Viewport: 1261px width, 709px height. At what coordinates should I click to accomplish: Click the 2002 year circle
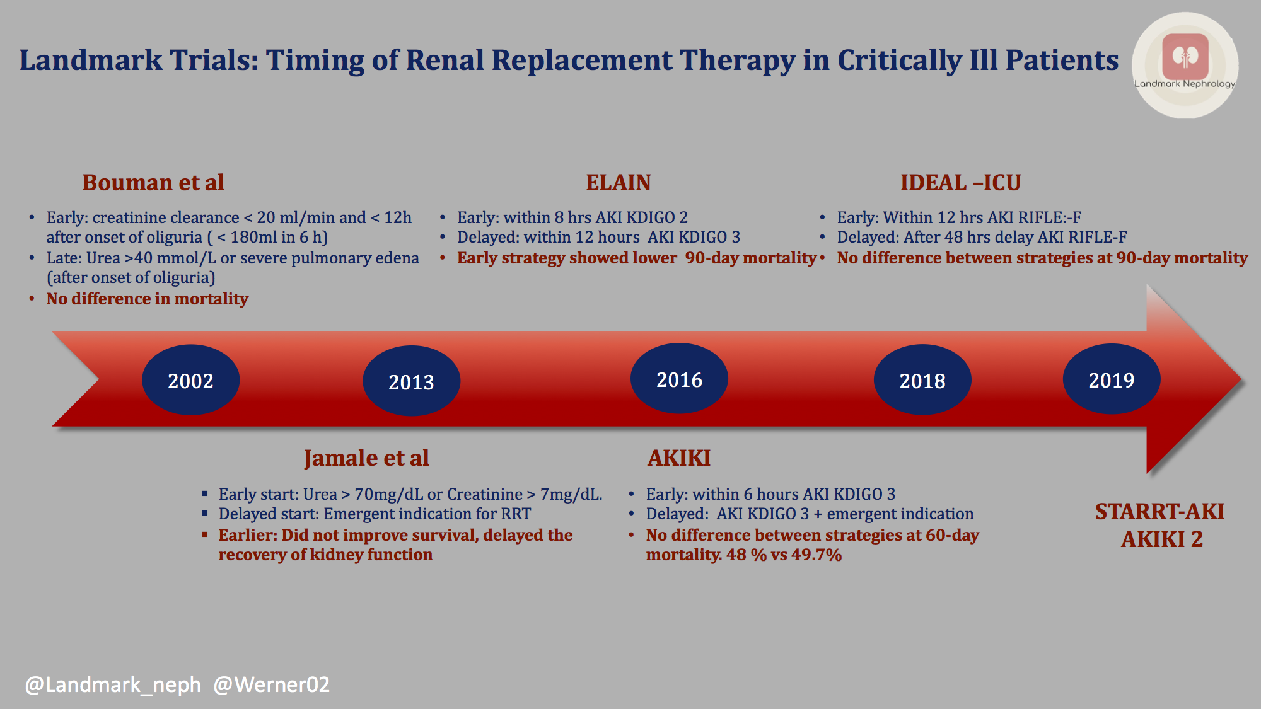(190, 380)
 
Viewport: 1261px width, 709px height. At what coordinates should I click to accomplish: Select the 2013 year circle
(411, 381)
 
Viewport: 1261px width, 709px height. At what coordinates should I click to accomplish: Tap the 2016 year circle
(679, 379)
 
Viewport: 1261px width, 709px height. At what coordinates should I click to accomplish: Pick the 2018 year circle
(922, 380)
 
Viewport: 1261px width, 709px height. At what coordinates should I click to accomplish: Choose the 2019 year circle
(1111, 379)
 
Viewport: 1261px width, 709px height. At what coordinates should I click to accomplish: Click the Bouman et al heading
(153, 183)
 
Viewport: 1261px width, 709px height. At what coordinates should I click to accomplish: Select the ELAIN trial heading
(618, 183)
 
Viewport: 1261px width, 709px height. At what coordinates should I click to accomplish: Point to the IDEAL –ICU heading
(960, 183)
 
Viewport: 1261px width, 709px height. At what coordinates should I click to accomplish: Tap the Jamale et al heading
(366, 458)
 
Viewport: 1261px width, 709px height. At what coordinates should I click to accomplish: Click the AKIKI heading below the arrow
(679, 458)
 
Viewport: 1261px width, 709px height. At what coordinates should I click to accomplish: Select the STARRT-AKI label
(1159, 512)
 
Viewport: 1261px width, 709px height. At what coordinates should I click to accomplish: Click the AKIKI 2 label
(1162, 539)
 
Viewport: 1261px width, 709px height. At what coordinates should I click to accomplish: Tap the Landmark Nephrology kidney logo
(1185, 57)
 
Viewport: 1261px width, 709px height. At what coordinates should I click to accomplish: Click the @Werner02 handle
(271, 684)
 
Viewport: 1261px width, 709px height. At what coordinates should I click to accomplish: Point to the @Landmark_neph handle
(113, 684)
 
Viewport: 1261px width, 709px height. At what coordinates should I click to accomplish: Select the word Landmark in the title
(91, 61)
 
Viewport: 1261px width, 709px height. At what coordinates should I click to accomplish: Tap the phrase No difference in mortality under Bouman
(147, 299)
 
